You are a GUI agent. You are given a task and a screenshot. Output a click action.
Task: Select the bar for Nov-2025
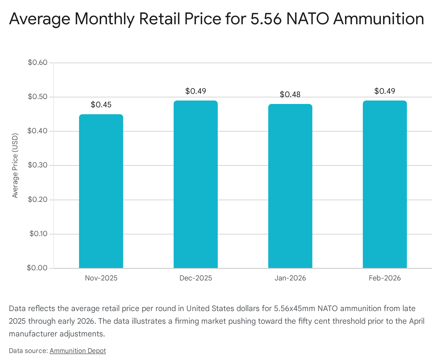pos(101,191)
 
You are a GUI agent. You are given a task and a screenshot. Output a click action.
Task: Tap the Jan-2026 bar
pos(290,186)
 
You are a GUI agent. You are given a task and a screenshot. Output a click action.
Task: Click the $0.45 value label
pos(101,105)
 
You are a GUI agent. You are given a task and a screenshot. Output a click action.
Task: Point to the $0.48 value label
pos(290,95)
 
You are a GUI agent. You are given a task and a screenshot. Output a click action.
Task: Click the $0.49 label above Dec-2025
pos(195,91)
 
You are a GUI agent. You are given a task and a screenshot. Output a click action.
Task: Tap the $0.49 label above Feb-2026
pos(384,91)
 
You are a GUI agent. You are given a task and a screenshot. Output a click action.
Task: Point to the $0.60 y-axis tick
pos(37,63)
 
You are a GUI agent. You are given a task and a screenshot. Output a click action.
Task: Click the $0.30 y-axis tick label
pos(37,165)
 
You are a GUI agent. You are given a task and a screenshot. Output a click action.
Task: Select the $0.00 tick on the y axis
pos(37,268)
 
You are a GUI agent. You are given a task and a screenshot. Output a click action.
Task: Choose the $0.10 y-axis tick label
pos(38,234)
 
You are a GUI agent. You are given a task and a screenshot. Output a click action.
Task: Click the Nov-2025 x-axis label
pos(101,278)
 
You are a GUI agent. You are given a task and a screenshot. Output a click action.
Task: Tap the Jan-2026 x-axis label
pos(290,278)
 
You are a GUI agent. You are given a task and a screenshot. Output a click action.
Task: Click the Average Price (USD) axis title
pos(15,165)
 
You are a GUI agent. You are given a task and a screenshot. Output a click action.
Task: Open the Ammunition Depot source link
pos(78,351)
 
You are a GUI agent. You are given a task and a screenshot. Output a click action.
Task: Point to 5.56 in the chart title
pos(266,19)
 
